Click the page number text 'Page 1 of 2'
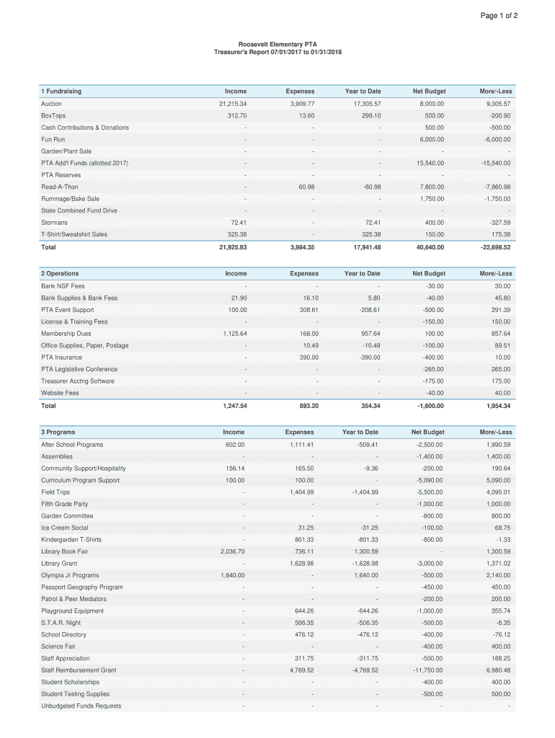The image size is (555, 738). pos(499,16)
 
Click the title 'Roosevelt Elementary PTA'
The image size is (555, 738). pos(277,45)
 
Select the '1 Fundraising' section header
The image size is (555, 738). pos(61,92)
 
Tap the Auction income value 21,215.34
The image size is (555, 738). pos(232,104)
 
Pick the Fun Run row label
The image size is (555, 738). pos(53,139)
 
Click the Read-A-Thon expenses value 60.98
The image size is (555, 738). pos(306,187)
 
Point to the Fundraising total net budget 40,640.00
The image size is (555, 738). pos(429,247)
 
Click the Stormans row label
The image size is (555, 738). pos(54,223)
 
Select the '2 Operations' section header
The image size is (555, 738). pos(60,274)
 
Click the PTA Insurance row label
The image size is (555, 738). pos(61,357)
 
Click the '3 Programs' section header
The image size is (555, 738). pos(58,432)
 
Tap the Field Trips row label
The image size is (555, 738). pos(55,492)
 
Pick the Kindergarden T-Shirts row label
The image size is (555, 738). pos(71,540)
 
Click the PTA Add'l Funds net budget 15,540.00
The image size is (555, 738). pos(430,163)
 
